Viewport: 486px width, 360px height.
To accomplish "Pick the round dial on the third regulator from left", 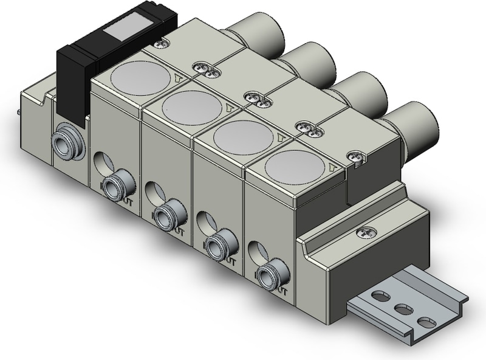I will pyautogui.click(x=244, y=137).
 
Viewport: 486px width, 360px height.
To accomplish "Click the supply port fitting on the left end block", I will pyautogui.click(x=66, y=142).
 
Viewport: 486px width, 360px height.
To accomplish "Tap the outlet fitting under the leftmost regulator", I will pyautogui.click(x=114, y=185).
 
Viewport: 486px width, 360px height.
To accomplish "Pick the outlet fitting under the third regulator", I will pyautogui.click(x=216, y=246).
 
